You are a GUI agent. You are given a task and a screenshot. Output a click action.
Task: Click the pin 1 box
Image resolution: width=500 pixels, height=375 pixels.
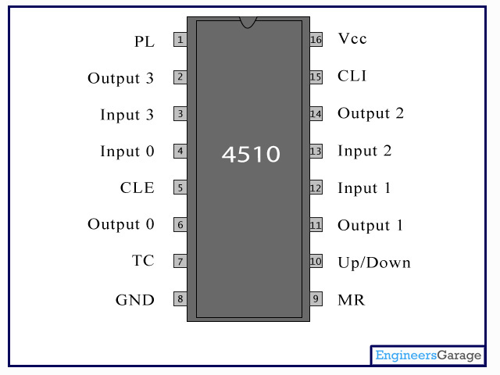coord(180,40)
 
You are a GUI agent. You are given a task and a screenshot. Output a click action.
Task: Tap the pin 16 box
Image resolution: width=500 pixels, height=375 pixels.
coord(316,40)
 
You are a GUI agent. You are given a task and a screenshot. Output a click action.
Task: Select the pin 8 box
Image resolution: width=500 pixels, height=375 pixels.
coord(180,298)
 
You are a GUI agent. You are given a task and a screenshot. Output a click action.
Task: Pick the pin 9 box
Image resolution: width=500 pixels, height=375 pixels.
coord(316,298)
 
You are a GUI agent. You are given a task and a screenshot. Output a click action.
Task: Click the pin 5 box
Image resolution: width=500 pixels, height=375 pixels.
coord(180,187)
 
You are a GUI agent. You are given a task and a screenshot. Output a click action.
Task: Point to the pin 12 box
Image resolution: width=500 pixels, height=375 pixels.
coord(316,187)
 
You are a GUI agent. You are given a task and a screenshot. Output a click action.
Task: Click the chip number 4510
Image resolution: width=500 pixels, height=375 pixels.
coord(250,154)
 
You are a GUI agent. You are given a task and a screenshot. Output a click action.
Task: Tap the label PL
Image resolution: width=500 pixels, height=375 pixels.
coord(145,41)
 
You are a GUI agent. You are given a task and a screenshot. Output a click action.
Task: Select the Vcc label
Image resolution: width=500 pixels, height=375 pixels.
coord(352,38)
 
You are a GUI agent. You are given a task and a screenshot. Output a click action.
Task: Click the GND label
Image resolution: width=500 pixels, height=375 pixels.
coord(135,299)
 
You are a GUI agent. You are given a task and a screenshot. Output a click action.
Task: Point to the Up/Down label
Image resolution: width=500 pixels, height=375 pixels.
coord(374,262)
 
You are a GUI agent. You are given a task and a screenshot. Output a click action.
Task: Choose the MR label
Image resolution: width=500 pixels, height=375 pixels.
coord(351,300)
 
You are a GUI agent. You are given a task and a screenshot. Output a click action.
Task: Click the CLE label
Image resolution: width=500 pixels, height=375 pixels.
coord(137,187)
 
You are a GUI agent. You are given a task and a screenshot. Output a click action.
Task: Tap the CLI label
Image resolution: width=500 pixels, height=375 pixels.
coord(352,76)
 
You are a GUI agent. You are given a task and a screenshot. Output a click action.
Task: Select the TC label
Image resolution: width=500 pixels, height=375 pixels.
coord(144,261)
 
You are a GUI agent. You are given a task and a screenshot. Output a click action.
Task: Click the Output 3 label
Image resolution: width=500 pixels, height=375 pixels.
coord(121,78)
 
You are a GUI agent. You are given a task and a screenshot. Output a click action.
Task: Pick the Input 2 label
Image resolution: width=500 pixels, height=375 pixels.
coord(365,151)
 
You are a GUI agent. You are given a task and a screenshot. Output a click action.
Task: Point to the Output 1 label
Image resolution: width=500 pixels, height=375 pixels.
coord(370,226)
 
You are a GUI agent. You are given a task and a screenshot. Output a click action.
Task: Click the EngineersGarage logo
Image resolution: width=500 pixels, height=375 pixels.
coord(428,355)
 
